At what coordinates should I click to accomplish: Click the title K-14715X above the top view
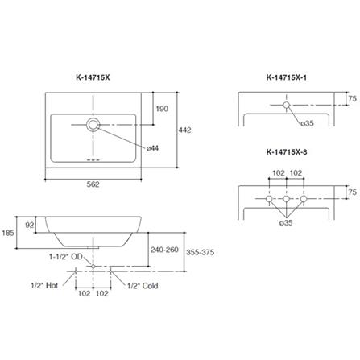pos(93,77)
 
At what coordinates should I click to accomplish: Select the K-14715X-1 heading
pos(287,77)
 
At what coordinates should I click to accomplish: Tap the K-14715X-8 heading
pos(287,152)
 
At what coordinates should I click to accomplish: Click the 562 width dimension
pos(93,184)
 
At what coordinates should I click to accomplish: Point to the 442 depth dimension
pos(184,130)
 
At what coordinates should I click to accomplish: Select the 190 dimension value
pos(162,109)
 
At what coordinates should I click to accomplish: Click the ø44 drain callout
pos(152,148)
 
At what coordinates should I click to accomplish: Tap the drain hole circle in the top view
pos(93,125)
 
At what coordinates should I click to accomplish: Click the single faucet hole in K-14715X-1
pos(287,105)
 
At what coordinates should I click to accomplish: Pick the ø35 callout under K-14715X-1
pos(307,123)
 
